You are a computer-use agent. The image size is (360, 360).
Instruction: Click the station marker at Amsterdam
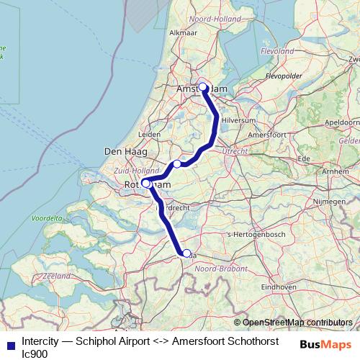click(202, 88)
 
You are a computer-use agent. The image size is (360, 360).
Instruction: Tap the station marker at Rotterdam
click(145, 184)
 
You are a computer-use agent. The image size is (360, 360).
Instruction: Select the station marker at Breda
click(186, 253)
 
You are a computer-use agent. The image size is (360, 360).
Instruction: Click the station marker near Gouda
click(177, 164)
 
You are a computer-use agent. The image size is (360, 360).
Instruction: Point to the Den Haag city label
click(122, 152)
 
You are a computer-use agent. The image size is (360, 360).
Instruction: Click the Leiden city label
click(150, 134)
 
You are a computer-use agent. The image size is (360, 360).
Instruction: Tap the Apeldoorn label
click(341, 123)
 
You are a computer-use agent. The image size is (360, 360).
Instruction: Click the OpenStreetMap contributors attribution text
click(297, 322)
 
